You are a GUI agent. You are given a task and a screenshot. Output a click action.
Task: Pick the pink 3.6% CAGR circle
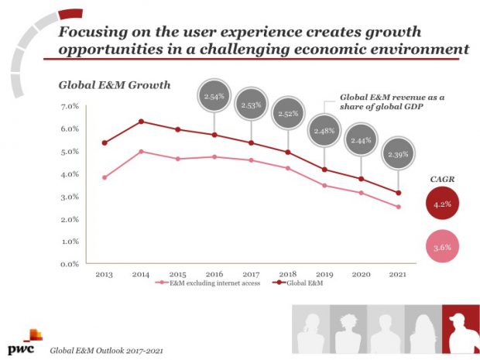441,247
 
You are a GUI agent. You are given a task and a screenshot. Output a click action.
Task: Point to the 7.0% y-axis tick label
69,106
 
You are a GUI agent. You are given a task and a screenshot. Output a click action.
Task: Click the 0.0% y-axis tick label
69,265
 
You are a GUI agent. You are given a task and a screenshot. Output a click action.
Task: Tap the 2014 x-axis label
140,274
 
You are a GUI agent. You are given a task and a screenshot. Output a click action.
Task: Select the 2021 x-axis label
396,274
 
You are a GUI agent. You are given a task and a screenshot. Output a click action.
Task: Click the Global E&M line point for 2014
140,122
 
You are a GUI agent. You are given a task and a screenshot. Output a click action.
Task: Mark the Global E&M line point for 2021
397,193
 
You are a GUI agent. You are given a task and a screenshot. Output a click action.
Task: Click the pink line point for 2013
104,177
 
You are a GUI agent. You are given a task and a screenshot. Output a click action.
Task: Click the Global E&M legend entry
301,285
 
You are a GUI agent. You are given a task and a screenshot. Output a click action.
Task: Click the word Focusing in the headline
94,32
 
